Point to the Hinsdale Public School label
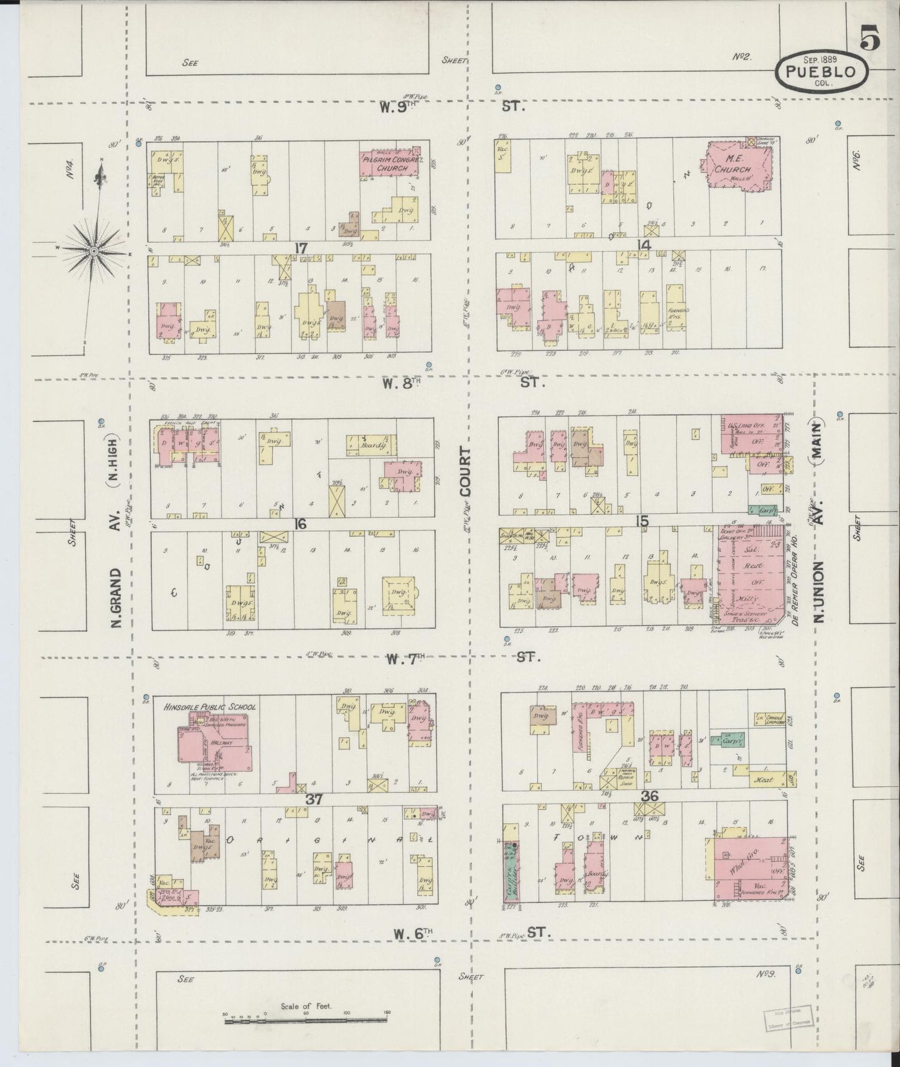(209, 707)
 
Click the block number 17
(301, 248)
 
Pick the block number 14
(643, 245)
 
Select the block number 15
(642, 522)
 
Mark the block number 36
(650, 796)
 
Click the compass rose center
(93, 250)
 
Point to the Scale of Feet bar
(305, 1020)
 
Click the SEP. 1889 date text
(820, 59)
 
